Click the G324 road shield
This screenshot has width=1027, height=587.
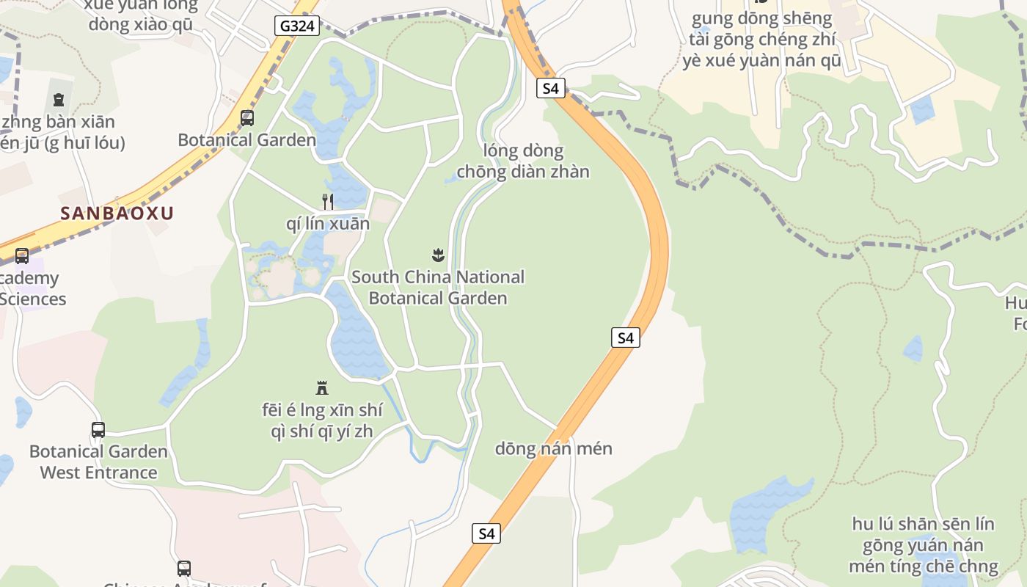pos(298,26)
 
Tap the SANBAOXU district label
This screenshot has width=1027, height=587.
pos(117,214)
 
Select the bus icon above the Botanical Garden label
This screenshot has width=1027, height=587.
pos(247,117)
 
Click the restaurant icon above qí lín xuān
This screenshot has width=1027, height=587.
pos(328,201)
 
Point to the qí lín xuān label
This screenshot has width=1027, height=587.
pos(328,224)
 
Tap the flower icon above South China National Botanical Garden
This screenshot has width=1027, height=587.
pos(438,255)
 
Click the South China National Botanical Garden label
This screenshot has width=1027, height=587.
pos(438,288)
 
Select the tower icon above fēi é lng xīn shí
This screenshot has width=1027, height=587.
pos(321,387)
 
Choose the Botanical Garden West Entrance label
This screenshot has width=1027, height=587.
pos(98,462)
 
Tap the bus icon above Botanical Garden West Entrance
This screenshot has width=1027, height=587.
pos(98,429)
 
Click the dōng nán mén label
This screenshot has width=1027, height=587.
pos(553,448)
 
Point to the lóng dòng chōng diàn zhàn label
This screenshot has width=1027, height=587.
pos(523,161)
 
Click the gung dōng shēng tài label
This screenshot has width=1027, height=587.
pos(762,40)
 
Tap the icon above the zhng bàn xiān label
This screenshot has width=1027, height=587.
pos(59,99)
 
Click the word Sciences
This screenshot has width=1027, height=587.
pos(33,299)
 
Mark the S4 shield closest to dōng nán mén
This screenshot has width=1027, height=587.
pos(486,533)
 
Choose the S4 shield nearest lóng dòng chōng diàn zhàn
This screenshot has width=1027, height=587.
pos(550,89)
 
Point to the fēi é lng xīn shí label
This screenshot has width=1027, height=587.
pos(322,420)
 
